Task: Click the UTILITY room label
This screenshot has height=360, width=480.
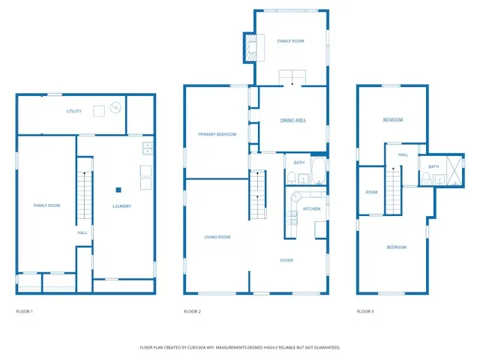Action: tap(73, 111)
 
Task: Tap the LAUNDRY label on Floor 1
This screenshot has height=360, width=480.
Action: tap(122, 206)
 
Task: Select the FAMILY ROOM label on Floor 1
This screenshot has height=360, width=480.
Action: tap(46, 205)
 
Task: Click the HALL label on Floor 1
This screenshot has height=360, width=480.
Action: tap(82, 232)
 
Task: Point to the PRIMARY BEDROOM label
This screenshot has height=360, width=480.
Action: tap(217, 134)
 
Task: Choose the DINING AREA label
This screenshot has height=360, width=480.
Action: tap(292, 121)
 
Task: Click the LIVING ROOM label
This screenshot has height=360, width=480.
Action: tap(217, 237)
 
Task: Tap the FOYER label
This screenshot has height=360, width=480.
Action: tap(286, 260)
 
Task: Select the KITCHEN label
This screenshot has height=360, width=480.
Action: tap(312, 208)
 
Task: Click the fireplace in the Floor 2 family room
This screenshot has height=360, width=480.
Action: tap(250, 48)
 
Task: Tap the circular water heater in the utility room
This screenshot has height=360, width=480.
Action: tap(115, 108)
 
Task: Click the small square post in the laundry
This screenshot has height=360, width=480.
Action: tap(118, 190)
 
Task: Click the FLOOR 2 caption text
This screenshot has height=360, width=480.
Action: tap(193, 310)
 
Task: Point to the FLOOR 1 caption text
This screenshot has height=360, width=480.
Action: tap(25, 310)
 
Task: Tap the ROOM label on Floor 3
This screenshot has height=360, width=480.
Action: tap(371, 192)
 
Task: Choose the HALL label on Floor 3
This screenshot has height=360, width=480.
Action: tap(403, 154)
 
